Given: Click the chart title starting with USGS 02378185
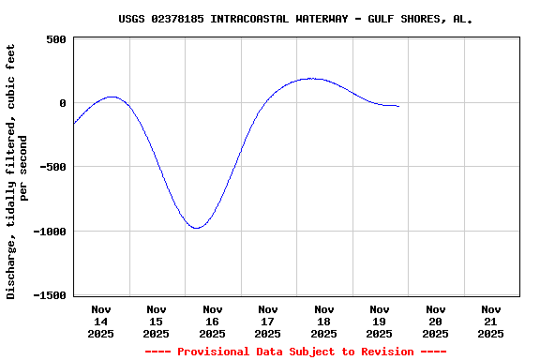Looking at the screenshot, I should [x=295, y=19].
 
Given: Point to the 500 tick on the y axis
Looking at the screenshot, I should [x=55, y=39].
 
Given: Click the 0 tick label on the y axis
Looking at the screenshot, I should [x=62, y=103].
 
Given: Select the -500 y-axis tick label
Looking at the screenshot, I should [x=52, y=167].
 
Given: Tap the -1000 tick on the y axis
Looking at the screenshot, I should [x=48, y=232].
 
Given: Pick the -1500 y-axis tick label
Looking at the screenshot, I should [x=48, y=295].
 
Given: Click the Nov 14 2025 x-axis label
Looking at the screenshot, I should [x=101, y=322].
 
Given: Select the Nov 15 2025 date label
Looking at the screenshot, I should [x=157, y=322].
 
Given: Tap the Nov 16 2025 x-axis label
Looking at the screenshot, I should [x=213, y=322].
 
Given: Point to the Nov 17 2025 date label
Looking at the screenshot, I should [x=268, y=322].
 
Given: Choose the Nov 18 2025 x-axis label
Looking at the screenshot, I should [x=324, y=322].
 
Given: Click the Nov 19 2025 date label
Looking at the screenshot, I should [x=380, y=322].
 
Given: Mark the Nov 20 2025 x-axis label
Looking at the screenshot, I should [x=435, y=322].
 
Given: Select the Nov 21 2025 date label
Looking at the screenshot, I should [x=491, y=322].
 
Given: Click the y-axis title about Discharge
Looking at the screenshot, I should [x=18, y=167].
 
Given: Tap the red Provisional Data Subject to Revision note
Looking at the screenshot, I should [x=295, y=352].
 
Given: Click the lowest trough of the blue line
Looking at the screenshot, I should [x=197, y=228].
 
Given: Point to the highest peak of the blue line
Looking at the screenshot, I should [x=312, y=79].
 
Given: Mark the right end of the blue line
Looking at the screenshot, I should [x=398, y=106].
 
